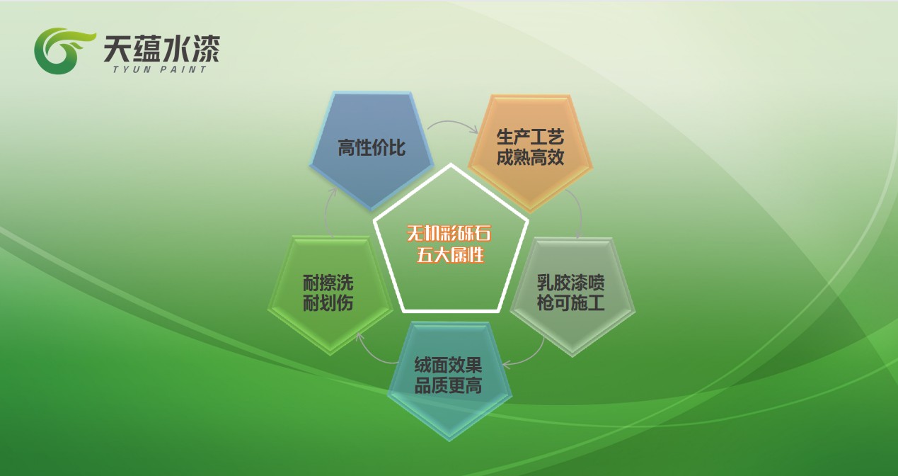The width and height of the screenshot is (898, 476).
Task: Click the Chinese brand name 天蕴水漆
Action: click(x=161, y=49)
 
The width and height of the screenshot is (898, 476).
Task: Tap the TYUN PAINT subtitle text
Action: click(x=159, y=69)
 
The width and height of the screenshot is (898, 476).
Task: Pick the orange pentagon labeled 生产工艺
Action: click(x=531, y=153)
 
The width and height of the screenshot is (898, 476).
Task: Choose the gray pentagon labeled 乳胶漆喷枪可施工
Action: click(x=572, y=296)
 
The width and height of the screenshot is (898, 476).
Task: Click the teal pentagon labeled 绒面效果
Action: click(x=449, y=380)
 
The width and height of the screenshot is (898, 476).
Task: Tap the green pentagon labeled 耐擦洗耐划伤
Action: click(x=330, y=295)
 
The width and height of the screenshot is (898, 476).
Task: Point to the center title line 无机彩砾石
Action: click(x=449, y=233)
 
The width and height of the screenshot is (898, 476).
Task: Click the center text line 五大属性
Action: click(x=450, y=254)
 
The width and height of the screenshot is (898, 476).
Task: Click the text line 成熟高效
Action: click(x=531, y=157)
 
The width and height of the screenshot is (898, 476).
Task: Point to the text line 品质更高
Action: click(x=448, y=385)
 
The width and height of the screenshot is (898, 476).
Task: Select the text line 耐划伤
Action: click(x=328, y=303)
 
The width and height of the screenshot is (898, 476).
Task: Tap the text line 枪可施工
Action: click(x=570, y=302)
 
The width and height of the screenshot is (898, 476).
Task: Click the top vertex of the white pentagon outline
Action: click(x=451, y=164)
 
